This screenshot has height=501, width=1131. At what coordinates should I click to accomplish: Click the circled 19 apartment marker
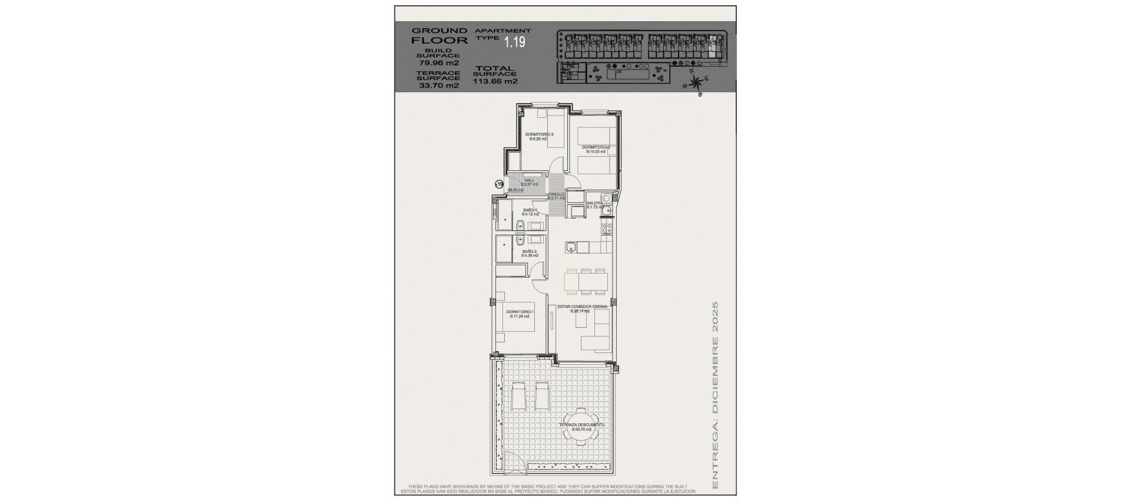point(499,184)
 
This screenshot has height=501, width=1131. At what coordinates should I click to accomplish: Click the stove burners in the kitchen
point(606,228)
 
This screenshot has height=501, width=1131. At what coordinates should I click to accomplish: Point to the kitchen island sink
point(570,248)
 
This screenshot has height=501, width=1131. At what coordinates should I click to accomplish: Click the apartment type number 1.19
point(514,42)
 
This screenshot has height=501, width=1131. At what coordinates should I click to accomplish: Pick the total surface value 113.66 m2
point(495,82)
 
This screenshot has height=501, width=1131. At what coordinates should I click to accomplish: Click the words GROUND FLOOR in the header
point(439,35)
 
